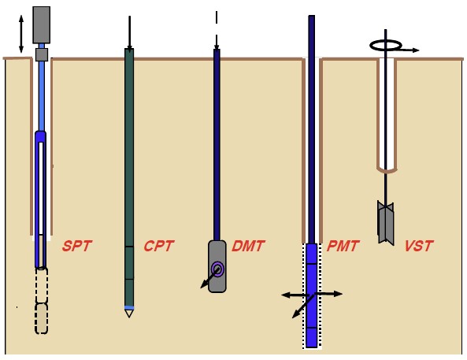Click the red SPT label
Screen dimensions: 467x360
77,246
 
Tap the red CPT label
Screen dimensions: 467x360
159,246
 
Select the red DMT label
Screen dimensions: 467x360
248,246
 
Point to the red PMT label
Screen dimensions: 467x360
343,246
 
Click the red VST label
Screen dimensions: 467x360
418,246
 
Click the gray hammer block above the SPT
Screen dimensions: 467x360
42,24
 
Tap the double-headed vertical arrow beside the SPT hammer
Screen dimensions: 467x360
20,34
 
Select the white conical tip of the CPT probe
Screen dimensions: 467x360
129,314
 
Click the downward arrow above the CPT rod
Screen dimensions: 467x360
129,33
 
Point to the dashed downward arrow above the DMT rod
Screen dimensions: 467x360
217,31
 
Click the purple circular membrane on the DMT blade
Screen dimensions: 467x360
217,269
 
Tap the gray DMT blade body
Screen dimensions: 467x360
217,266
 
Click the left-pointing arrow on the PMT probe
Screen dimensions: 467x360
295,295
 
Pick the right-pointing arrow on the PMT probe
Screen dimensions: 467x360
328,294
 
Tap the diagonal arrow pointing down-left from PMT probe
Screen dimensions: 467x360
303,306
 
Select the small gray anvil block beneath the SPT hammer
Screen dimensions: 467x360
42,55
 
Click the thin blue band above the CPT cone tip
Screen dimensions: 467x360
129,307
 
